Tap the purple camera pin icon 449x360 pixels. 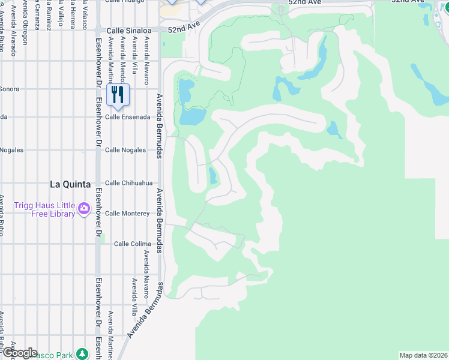[x=83, y=209]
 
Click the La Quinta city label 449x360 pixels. [x=70, y=184]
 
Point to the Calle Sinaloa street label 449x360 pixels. [x=127, y=30]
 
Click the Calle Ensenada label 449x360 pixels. [x=128, y=117]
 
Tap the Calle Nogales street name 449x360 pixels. [x=125, y=150]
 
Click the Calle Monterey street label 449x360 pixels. [x=127, y=214]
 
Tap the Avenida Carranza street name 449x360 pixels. [x=37, y=18]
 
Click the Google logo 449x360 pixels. [x=19, y=353]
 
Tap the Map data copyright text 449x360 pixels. [x=424, y=355]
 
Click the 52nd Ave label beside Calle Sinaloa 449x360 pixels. [x=182, y=29]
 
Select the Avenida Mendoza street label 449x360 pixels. [x=122, y=57]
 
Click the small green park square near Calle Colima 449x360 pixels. [x=103, y=243]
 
